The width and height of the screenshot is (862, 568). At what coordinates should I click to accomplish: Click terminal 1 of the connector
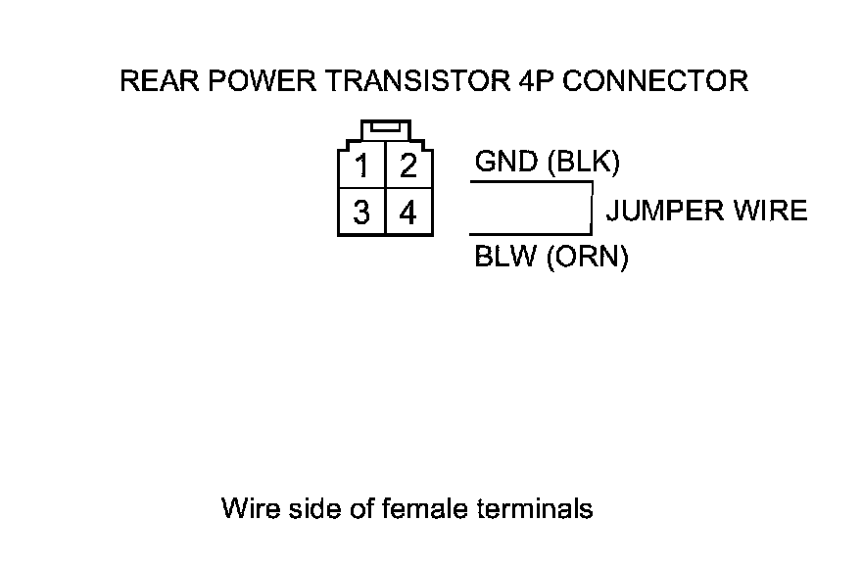(x=361, y=166)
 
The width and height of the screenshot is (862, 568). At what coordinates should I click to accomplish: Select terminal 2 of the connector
(x=408, y=166)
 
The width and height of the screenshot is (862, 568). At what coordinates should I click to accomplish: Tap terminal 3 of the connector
(x=361, y=213)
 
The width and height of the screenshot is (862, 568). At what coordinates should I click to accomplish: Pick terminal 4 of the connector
(x=408, y=213)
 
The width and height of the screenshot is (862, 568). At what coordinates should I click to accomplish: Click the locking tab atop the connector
(x=386, y=130)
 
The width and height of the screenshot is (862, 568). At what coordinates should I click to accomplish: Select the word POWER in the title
(x=263, y=81)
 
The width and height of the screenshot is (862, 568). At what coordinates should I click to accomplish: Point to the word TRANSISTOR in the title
(x=418, y=81)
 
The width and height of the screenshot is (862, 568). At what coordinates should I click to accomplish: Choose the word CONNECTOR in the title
(x=654, y=81)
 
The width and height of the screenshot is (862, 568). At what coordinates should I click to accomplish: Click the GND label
(x=505, y=162)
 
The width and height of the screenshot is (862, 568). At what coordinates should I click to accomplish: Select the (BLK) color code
(x=583, y=163)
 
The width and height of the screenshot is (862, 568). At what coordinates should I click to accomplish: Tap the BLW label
(x=504, y=257)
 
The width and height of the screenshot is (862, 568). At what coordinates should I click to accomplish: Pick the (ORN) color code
(x=587, y=257)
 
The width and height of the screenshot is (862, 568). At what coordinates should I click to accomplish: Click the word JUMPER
(x=665, y=211)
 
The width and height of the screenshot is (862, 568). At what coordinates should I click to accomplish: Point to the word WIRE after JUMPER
(x=770, y=211)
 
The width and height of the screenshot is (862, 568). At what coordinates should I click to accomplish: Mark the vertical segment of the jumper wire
(x=592, y=208)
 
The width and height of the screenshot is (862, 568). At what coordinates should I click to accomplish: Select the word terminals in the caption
(x=535, y=508)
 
